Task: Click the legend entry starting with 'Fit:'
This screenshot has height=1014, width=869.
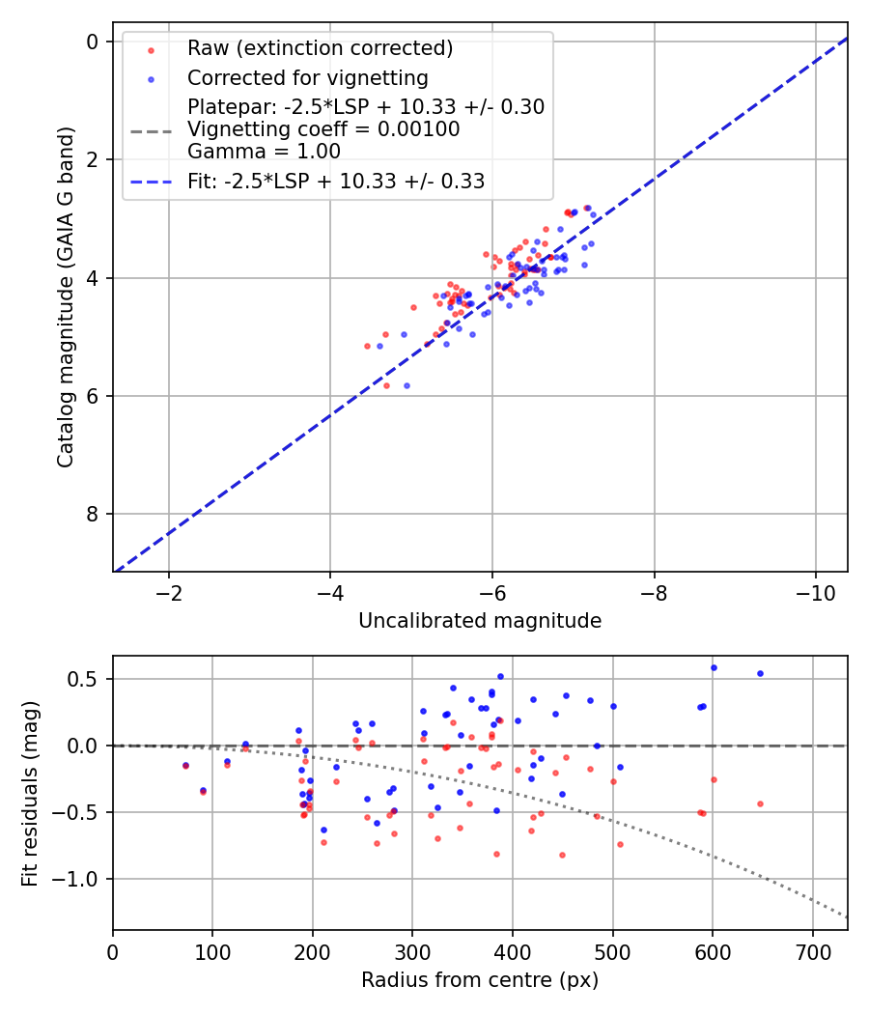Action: pyautogui.click(x=336, y=181)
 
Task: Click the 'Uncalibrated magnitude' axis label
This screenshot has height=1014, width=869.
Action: pyautogui.click(x=480, y=621)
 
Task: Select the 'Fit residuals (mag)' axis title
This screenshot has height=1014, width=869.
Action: pyautogui.click(x=30, y=792)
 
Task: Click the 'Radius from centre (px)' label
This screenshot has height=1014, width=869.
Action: pyautogui.click(x=480, y=980)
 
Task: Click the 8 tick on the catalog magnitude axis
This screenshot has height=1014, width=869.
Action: pyautogui.click(x=93, y=515)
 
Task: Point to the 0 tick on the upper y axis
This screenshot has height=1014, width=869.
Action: pyautogui.click(x=93, y=42)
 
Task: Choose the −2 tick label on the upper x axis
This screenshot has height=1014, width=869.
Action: pyautogui.click(x=169, y=591)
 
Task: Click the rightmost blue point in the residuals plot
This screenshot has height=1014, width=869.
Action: pyautogui.click(x=760, y=673)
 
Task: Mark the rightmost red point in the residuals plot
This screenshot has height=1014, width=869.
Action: pyautogui.click(x=760, y=803)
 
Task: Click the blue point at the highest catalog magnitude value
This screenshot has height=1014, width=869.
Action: pyautogui.click(x=406, y=385)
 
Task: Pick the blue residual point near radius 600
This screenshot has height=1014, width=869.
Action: pyautogui.click(x=714, y=667)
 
